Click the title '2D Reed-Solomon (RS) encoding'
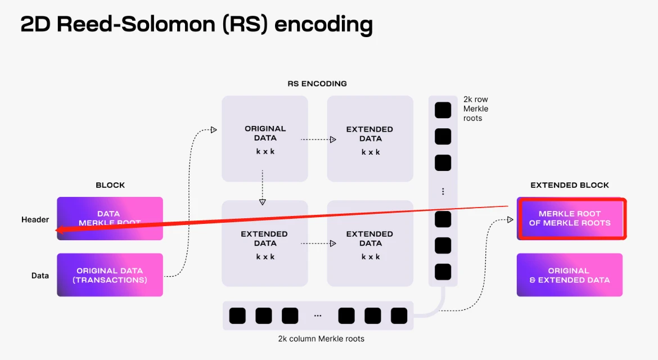[196, 25]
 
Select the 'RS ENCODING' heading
[317, 83]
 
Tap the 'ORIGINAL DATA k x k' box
[265, 138]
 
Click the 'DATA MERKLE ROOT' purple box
[110, 218]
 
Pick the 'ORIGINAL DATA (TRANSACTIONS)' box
[110, 275]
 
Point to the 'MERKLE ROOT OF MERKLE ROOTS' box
[570, 218]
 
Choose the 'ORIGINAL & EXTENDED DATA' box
[570, 275]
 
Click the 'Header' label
[35, 219]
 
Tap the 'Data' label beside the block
[40, 276]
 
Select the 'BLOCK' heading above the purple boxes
[110, 185]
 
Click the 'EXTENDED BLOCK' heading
[570, 185]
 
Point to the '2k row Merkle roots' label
[476, 109]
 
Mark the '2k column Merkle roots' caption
[321, 339]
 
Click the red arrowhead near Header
[58, 229]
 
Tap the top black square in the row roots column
[443, 110]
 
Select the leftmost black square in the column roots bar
[237, 316]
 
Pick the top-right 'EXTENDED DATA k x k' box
[371, 138]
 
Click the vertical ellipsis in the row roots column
[443, 191]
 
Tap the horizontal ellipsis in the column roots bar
[318, 316]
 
